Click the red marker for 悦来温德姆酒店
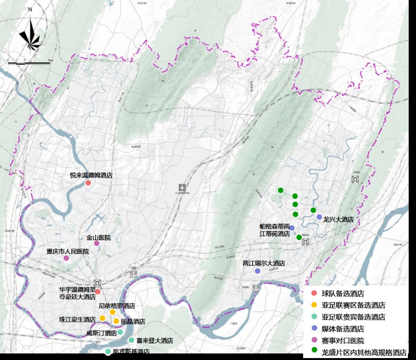point(88,183)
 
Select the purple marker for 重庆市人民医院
point(66,258)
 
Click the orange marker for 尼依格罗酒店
point(112,312)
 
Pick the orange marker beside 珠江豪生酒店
point(102,318)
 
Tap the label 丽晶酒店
point(133,321)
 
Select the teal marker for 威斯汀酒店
point(120,332)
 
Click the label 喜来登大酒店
point(155,341)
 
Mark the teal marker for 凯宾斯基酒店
point(108,351)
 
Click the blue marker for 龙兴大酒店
point(319,217)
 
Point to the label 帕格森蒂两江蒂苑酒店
point(275,230)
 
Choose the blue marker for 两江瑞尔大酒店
point(258,271)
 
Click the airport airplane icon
point(182,188)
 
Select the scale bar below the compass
point(29,62)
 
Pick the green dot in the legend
point(314,352)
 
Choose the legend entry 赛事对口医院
point(343,340)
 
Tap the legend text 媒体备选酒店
point(343,329)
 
